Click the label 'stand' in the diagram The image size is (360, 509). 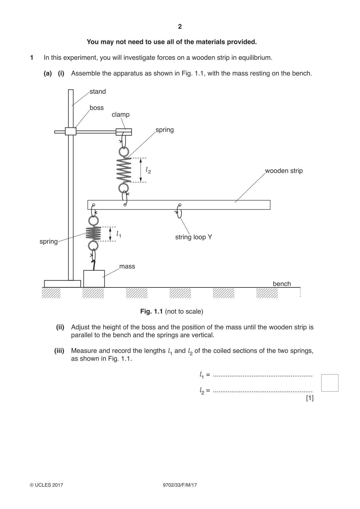[x=98, y=92]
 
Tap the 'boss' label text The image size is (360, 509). [x=97, y=108]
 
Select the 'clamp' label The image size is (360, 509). [x=121, y=115]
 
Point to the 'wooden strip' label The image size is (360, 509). [x=284, y=171]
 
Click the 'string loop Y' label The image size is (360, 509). [x=194, y=237]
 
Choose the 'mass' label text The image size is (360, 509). [x=127, y=266]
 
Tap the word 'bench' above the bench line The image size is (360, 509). [x=282, y=284]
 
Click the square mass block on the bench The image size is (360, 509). [x=94, y=279]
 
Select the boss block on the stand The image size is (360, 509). [x=71, y=131]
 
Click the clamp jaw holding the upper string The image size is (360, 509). [x=124, y=132]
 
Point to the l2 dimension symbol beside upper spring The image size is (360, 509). [x=148, y=170]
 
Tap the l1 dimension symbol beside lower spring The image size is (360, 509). [x=118, y=234]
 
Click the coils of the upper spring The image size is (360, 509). [x=124, y=170]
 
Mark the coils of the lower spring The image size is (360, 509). [x=93, y=234]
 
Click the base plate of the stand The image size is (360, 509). [x=63, y=284]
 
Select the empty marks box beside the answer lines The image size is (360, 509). [x=330, y=383]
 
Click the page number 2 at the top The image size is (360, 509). [x=180, y=27]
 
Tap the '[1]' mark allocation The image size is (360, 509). [x=310, y=398]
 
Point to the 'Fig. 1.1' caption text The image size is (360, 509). [x=152, y=311]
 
